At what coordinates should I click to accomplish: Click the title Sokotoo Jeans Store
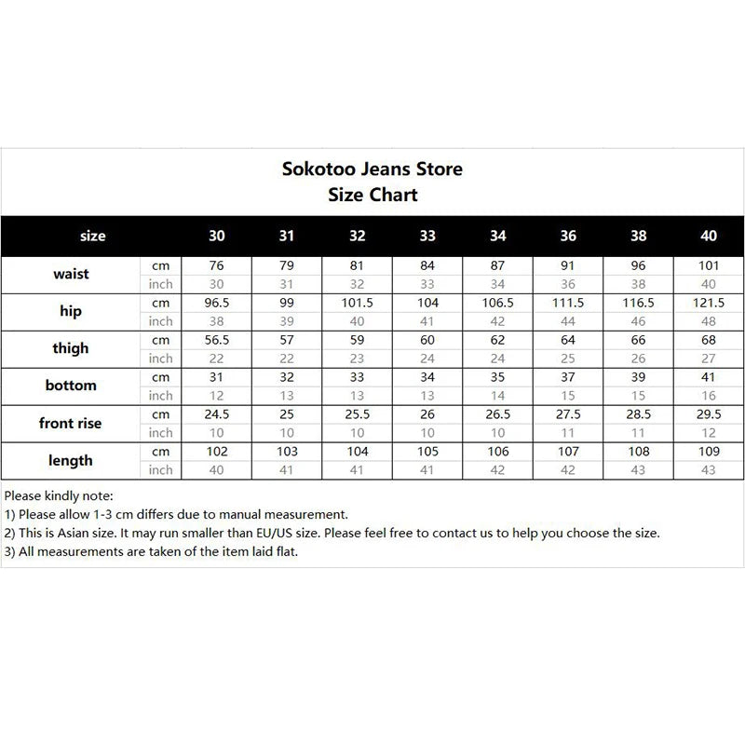pyautogui.click(x=372, y=169)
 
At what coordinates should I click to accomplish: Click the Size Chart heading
pyautogui.click(x=372, y=195)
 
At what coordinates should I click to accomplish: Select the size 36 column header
pyautogui.click(x=567, y=236)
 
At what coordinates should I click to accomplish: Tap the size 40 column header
pyautogui.click(x=708, y=236)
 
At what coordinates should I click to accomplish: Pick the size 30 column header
pyautogui.click(x=217, y=236)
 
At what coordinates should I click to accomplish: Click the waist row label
pyautogui.click(x=71, y=275)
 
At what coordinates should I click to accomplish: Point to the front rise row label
pyautogui.click(x=71, y=423)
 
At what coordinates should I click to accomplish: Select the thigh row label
pyautogui.click(x=71, y=348)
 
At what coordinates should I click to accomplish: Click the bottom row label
pyautogui.click(x=71, y=386)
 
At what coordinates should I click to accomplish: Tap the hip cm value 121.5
pyautogui.click(x=708, y=303)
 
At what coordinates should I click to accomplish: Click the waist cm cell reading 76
pyautogui.click(x=217, y=265)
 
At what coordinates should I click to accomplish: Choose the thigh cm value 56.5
pyautogui.click(x=217, y=340)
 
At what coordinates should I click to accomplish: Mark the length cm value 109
pyautogui.click(x=708, y=452)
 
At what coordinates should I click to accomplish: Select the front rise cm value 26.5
pyautogui.click(x=497, y=414)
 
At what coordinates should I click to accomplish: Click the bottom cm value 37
pyautogui.click(x=567, y=377)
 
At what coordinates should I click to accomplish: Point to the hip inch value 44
pyautogui.click(x=567, y=321)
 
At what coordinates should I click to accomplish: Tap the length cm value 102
pyautogui.click(x=217, y=452)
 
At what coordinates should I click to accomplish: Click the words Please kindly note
pyautogui.click(x=59, y=494)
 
